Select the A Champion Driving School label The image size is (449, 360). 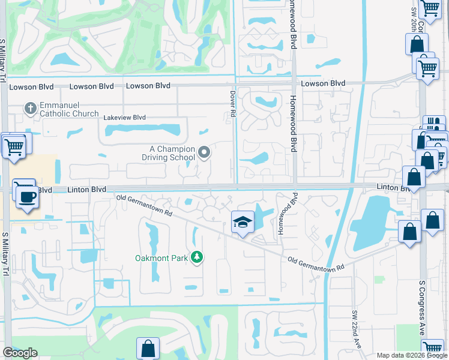point(173,154)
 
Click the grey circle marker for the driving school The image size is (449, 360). point(204,153)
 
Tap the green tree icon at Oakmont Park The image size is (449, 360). point(196,257)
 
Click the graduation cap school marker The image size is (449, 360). point(242,223)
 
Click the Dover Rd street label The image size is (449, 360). point(233,104)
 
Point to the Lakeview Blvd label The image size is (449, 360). point(125,118)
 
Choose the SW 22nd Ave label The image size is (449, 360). point(355,329)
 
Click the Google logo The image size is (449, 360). point(20,353)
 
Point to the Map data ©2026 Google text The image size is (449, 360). point(411,355)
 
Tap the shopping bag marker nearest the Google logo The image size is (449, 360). point(148,349)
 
